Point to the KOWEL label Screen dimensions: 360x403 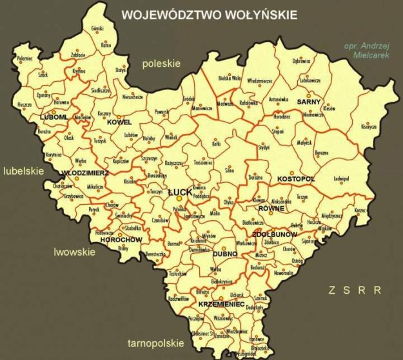coord(120,122)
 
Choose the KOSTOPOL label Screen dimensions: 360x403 coord(295,178)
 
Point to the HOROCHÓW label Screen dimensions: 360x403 coord(121,240)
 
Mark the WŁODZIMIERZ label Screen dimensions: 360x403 coord(84,173)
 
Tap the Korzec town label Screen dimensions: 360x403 coord(360,210)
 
